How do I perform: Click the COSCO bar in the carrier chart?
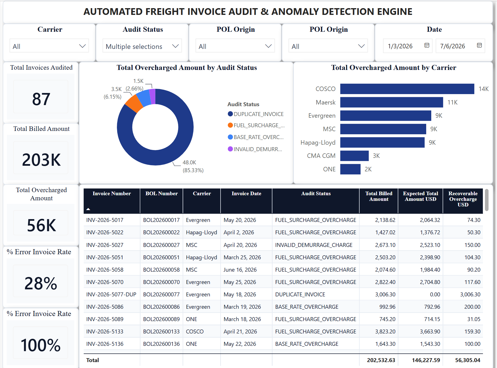[x=407, y=89]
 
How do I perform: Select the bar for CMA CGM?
[x=354, y=156]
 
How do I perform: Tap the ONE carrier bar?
[x=350, y=169]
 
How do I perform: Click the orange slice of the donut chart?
[x=134, y=103]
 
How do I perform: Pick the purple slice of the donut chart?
[x=152, y=96]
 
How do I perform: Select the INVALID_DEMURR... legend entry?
[x=255, y=149]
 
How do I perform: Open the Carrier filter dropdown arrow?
[x=82, y=46]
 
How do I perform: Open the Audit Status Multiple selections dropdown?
[x=142, y=46]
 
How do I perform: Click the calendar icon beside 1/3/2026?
[x=427, y=45]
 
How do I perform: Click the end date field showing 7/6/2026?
[x=460, y=46]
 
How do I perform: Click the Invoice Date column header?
[x=246, y=194]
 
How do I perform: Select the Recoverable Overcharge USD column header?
[x=463, y=199]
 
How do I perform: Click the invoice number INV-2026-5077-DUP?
[x=111, y=294]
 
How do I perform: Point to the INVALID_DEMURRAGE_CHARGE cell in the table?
[x=314, y=245]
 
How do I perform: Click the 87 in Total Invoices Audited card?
[x=41, y=99]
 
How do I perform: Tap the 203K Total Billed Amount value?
[x=41, y=160]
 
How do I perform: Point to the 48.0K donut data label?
[x=189, y=162]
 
